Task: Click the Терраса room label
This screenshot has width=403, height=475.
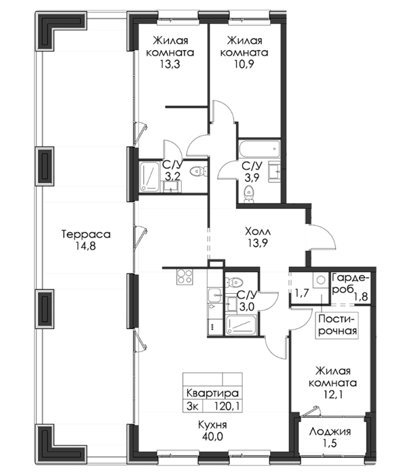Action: click(86, 235)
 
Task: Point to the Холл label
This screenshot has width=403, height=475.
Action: click(258, 232)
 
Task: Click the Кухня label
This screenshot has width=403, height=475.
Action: click(212, 425)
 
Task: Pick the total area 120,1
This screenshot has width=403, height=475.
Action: click(227, 406)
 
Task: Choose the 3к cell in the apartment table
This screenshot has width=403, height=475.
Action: click(193, 406)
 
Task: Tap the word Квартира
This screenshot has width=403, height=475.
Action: click(212, 393)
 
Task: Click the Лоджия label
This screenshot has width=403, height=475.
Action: click(330, 432)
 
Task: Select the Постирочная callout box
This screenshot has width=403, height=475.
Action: click(337, 325)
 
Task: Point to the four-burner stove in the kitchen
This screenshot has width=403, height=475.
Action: click(185, 277)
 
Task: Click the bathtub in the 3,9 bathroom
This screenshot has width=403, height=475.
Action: click(259, 149)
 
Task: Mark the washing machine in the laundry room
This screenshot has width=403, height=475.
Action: click(320, 280)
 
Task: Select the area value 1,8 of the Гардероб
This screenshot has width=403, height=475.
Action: click(361, 296)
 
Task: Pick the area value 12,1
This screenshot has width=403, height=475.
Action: click(332, 395)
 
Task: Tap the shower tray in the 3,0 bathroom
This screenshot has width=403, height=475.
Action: click(242, 325)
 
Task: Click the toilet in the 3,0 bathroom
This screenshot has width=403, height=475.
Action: click(234, 282)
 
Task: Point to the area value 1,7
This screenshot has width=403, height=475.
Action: click(301, 293)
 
